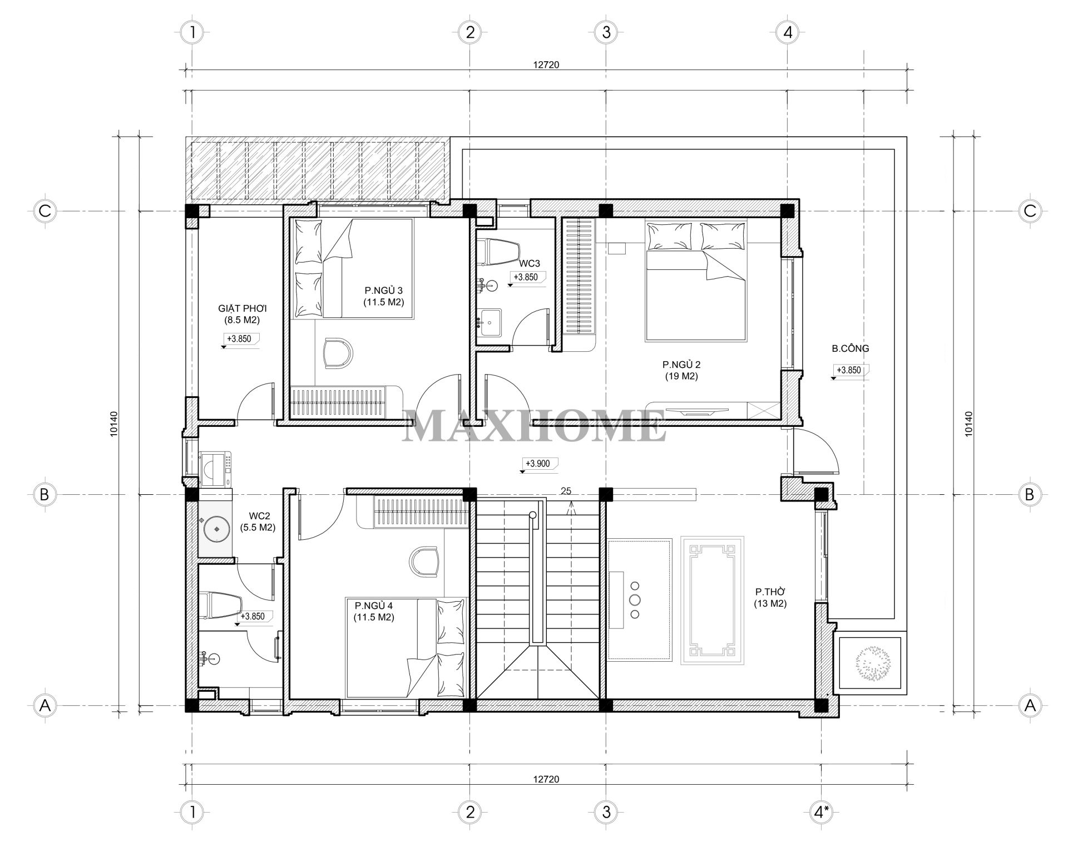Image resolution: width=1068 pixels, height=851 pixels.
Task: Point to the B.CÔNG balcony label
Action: tap(851, 349)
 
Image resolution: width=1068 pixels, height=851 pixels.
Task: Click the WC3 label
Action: tap(530, 263)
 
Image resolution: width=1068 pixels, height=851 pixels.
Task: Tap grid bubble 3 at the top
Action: tap(606, 32)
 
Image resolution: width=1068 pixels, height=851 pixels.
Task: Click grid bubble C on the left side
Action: tap(45, 211)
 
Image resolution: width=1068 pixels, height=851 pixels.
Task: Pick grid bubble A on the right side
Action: tap(1030, 706)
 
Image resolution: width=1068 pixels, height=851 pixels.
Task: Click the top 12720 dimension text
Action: tap(546, 65)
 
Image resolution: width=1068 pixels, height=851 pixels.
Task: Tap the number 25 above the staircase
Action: tap(566, 491)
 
